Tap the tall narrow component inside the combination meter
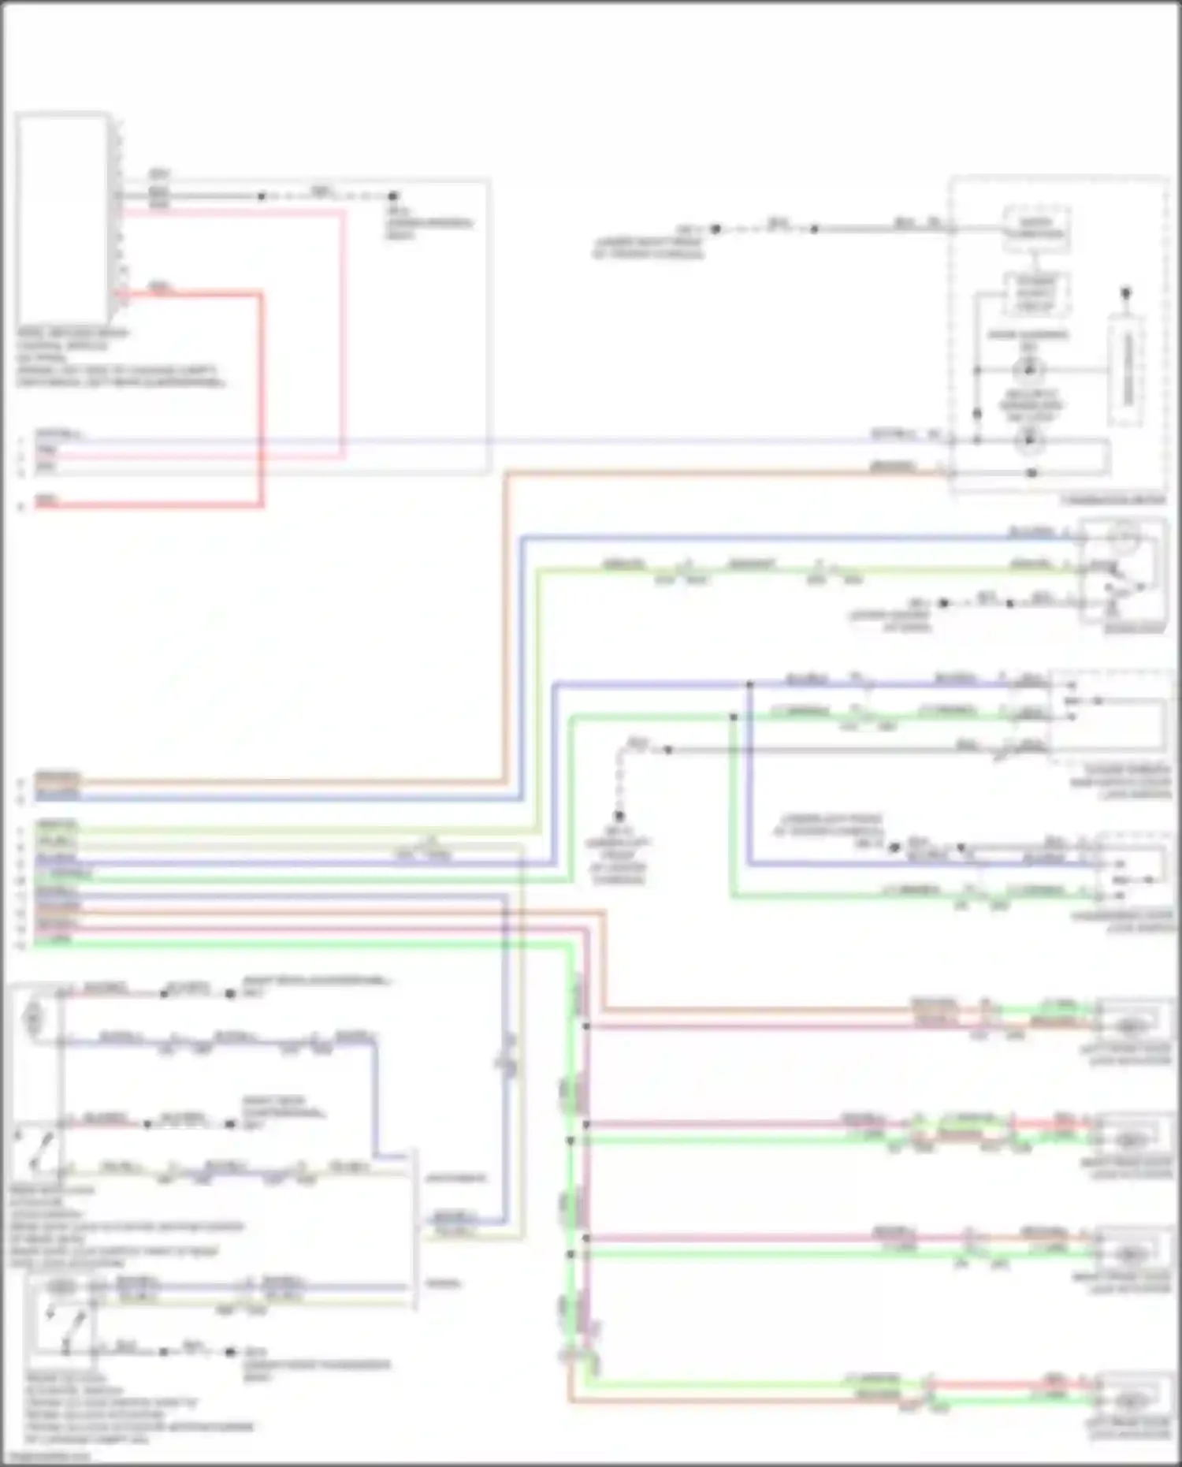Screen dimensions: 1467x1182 (1128, 369)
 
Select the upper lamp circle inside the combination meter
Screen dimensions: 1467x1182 (1028, 369)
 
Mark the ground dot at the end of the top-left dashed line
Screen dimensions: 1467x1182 (392, 195)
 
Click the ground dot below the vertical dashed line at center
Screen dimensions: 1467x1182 (619, 817)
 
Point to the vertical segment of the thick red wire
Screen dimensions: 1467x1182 (261, 398)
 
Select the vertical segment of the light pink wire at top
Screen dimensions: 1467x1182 (343, 331)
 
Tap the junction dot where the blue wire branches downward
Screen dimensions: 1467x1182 (749, 684)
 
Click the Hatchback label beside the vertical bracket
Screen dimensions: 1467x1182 (455, 1178)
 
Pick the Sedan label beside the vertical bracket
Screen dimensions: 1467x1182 (444, 1284)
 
